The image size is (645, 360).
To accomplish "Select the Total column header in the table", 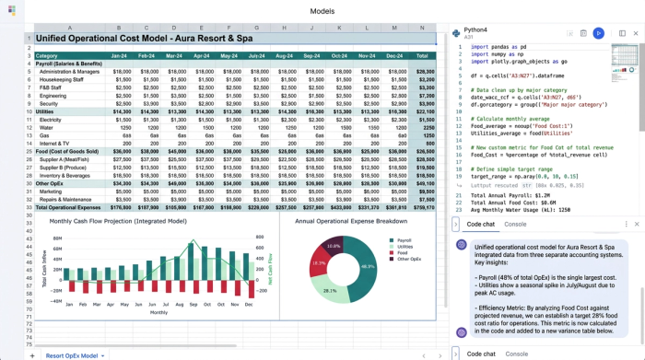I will [425, 55].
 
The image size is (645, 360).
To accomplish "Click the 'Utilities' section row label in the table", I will [50, 110].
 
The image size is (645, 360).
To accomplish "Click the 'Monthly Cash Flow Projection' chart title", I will [118, 221].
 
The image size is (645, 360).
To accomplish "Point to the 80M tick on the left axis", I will [56, 238].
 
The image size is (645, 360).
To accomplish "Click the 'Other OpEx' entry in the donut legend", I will [409, 260].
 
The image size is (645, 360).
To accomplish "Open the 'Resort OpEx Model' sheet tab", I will [74, 354].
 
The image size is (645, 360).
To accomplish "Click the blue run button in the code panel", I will [598, 33].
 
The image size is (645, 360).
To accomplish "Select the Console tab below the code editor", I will [515, 224].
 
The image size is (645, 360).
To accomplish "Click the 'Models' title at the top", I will [322, 11].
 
